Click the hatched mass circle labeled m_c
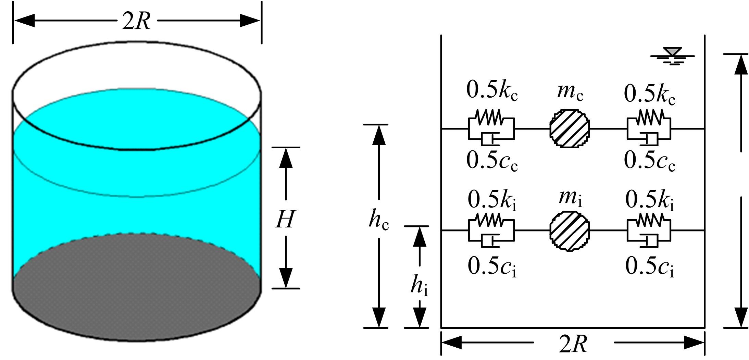pos(570,129)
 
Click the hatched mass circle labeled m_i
pos(570,231)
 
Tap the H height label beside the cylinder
pos(285,220)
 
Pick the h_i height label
pos(419,286)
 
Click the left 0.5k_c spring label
pos(492,91)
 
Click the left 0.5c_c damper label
pos(492,161)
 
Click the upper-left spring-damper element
pos(491,129)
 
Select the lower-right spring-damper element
pos(649,231)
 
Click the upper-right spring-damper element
pos(649,129)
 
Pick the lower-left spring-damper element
pos(491,231)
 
